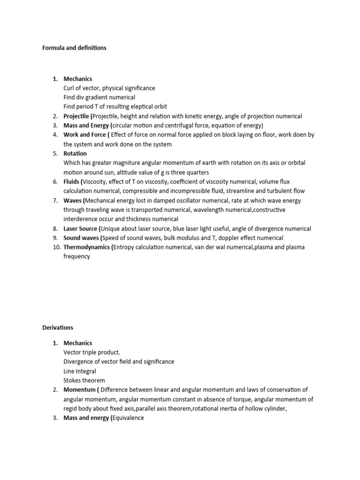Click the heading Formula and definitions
[75, 48]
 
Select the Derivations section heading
[58, 327]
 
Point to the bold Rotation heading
[75, 153]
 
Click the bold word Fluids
[72, 181]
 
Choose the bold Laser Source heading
[81, 229]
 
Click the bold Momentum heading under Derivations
[79, 390]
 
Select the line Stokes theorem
[84, 380]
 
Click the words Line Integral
[80, 371]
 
